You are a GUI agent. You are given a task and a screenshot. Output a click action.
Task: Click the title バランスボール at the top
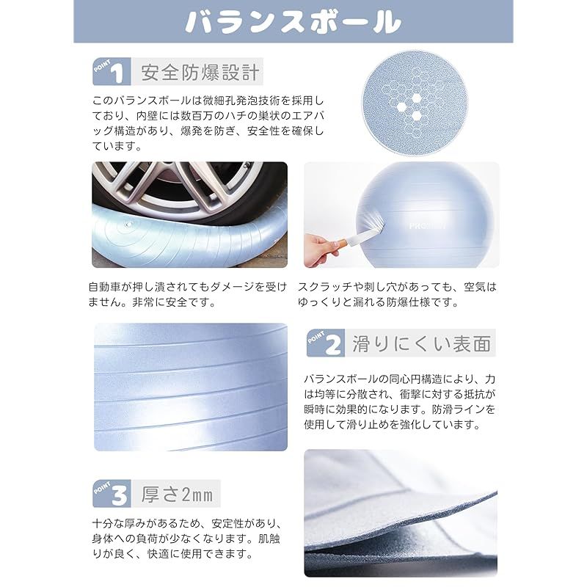coord(293,22)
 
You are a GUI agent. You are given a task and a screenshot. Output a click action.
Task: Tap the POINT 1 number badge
coord(112,71)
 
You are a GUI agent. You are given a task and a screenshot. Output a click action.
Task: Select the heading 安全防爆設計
coord(200,72)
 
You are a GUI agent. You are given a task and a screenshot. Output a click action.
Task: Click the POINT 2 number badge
coord(326,343)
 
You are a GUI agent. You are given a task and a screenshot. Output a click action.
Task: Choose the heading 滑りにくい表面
coord(421,343)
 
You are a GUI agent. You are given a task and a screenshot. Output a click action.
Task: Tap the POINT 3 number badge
coord(112,493)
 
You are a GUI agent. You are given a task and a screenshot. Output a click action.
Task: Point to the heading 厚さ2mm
coord(177,494)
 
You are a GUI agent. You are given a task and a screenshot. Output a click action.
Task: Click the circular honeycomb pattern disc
coord(415,103)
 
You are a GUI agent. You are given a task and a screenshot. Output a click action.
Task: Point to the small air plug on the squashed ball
coord(128,225)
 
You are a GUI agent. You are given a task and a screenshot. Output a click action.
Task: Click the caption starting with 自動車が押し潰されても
coord(188,294)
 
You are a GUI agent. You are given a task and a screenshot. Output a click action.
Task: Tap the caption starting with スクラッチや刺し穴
coord(397,294)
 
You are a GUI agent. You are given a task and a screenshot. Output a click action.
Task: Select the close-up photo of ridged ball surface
coord(191,387)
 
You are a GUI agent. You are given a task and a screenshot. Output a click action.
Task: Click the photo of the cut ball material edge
coord(401,513)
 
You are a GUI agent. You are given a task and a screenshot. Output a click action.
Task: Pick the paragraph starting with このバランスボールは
coord(208,123)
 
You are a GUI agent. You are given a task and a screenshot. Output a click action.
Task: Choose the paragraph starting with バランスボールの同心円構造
coord(400,401)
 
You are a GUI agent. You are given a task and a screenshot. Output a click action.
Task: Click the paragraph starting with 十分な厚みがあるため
coord(187,539)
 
